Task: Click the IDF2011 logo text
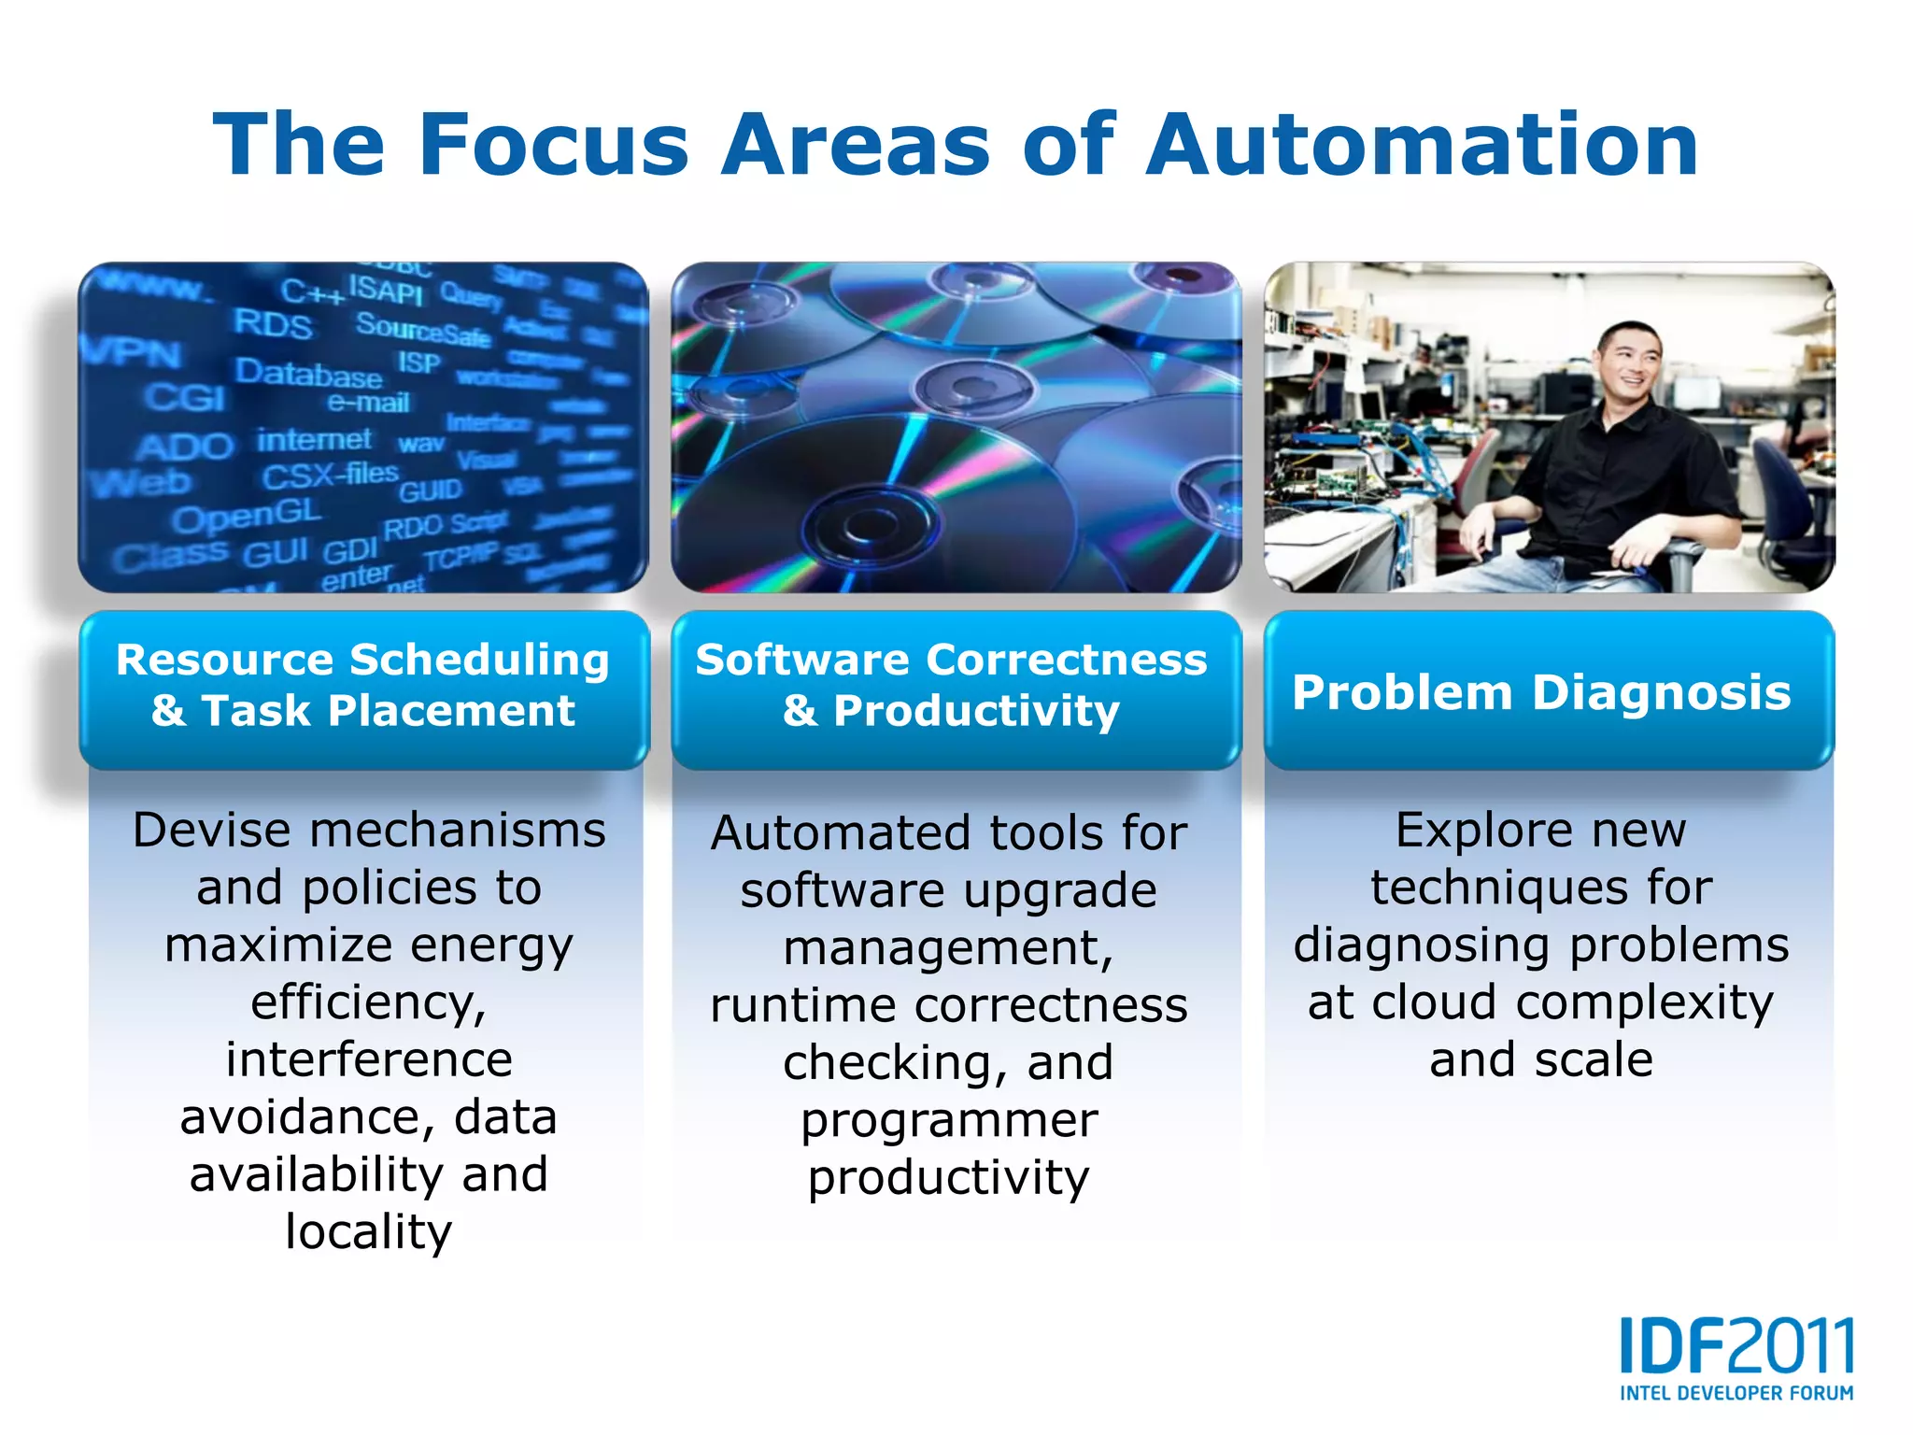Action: (1736, 1346)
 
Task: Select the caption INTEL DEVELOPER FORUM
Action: (1736, 1393)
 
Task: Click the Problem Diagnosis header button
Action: (1542, 692)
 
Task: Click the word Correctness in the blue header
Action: (1066, 660)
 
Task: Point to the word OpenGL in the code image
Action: (247, 514)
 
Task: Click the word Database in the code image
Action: (308, 373)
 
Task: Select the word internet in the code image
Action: (314, 439)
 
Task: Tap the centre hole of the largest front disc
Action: (869, 527)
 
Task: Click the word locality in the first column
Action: (368, 1231)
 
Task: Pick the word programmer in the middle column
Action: (949, 1119)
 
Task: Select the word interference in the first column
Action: (368, 1059)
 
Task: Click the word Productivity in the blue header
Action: (976, 711)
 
